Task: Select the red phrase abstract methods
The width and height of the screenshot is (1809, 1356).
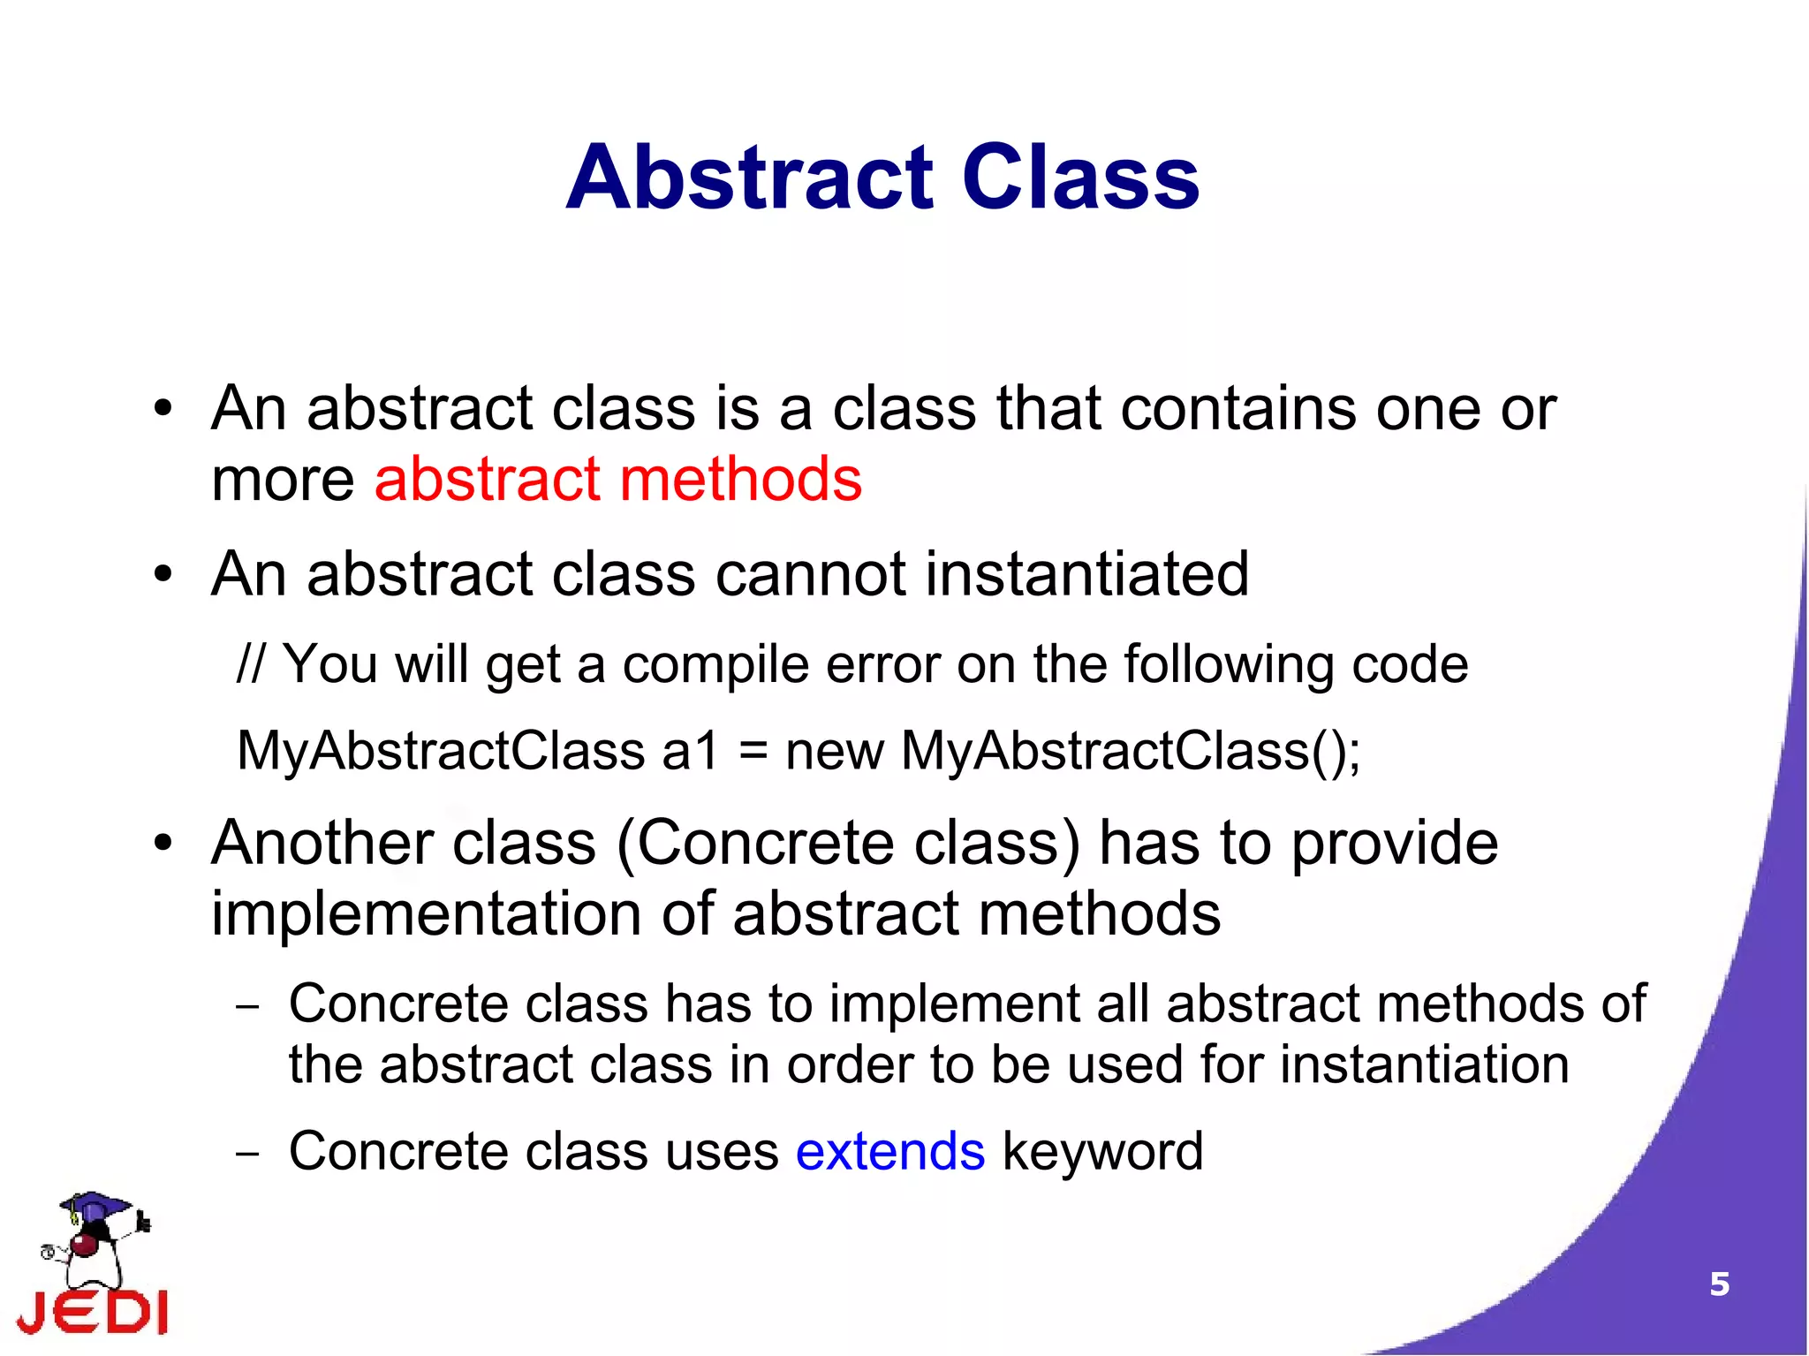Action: point(617,480)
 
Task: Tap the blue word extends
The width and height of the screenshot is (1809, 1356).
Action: point(889,1151)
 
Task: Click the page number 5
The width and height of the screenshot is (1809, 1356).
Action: point(1719,1284)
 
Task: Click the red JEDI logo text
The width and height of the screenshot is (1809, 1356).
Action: point(93,1313)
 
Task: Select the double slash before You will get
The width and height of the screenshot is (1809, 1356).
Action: point(250,664)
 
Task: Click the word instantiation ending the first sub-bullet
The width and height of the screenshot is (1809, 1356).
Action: point(1424,1064)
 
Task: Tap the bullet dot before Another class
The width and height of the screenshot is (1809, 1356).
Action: point(163,844)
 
